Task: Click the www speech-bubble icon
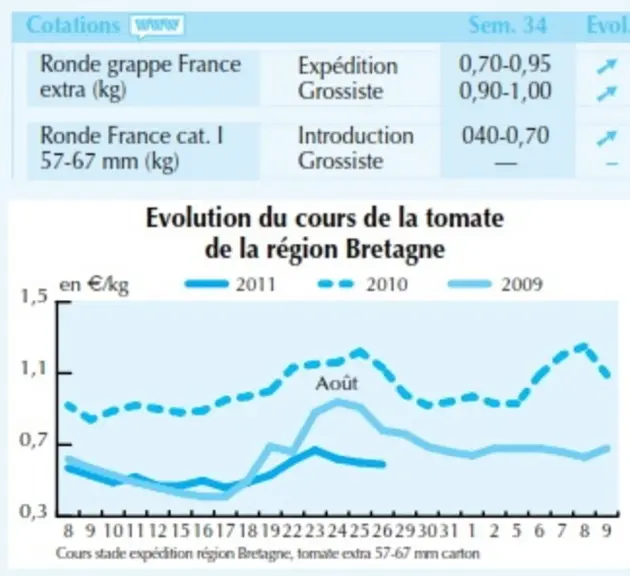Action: coord(157,27)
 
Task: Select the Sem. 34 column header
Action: coord(508,25)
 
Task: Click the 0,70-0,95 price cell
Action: coord(505,64)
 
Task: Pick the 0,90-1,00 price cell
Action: coord(505,91)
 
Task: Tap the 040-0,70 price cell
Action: coord(505,135)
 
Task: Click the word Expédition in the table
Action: coord(348,66)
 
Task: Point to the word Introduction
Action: coord(356,136)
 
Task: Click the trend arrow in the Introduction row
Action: coord(607,138)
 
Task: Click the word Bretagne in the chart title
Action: coord(395,249)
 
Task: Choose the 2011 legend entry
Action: coord(230,284)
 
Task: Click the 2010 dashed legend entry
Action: coord(363,284)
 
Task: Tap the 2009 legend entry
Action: coord(495,284)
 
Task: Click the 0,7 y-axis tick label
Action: coord(34,441)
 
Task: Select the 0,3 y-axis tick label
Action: coord(34,512)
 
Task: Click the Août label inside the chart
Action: coord(337,383)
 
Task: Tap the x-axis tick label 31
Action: coord(448,531)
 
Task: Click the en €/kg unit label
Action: coord(94,285)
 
